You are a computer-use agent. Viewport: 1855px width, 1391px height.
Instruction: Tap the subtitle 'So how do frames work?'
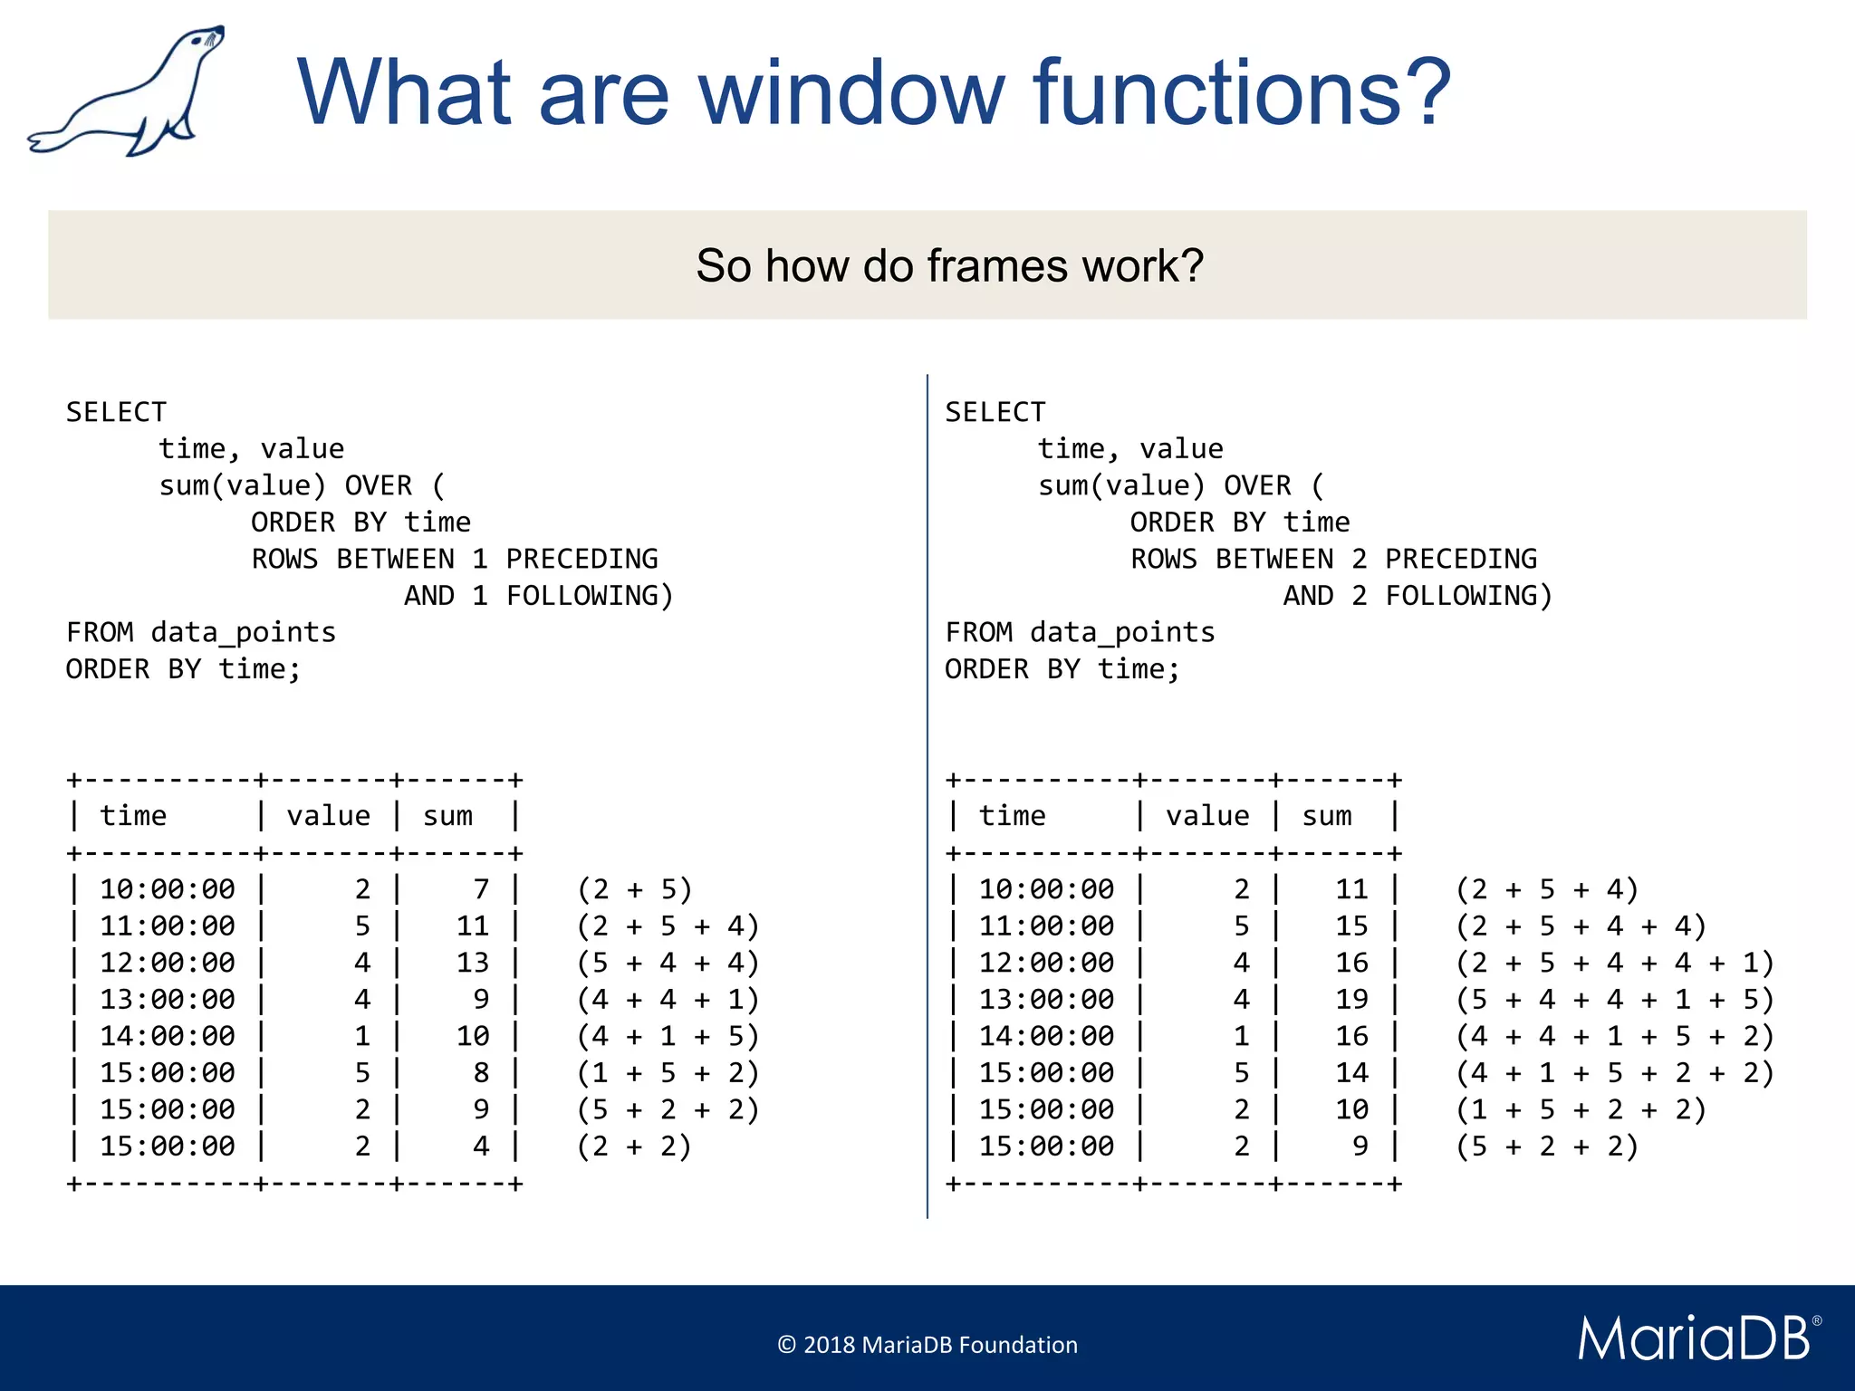pos(949,265)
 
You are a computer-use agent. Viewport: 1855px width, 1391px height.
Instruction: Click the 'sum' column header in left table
pos(447,816)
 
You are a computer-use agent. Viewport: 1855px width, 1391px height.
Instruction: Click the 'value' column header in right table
pos(1207,816)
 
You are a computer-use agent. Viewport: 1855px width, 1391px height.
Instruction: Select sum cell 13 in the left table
pos(472,963)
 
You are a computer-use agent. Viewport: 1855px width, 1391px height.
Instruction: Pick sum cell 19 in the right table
pos(1351,1000)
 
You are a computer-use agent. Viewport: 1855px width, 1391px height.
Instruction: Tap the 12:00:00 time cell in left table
pos(168,963)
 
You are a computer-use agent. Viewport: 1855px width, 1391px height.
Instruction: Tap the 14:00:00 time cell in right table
pos(1046,1036)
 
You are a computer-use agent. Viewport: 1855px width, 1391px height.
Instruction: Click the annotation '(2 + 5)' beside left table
pos(634,889)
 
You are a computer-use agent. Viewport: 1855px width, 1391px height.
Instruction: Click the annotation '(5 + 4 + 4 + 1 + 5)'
pos(1614,1000)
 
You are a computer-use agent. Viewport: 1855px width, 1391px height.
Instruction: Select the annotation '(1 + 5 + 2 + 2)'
pos(1581,1109)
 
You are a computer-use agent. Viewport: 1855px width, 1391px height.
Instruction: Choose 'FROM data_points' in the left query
pos(200,632)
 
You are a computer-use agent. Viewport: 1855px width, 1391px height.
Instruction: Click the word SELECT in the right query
pos(995,412)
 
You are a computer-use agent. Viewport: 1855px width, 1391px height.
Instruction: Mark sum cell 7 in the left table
pos(481,889)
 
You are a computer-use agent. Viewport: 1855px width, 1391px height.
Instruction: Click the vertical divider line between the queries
pos(927,797)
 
